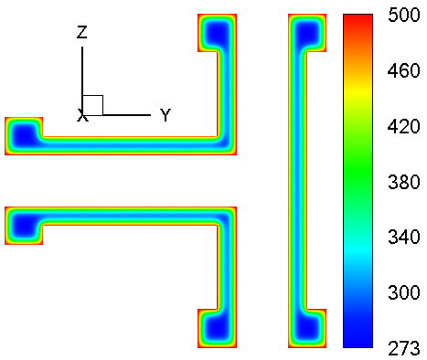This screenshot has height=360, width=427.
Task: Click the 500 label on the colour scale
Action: point(403,15)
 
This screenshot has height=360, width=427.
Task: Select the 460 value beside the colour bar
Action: point(403,70)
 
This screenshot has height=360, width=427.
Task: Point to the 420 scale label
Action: point(403,126)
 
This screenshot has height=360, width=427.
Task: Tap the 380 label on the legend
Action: point(403,182)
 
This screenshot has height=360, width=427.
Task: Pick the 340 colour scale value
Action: point(403,237)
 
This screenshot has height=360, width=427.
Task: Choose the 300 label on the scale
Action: point(403,292)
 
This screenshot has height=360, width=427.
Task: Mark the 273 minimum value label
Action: point(403,348)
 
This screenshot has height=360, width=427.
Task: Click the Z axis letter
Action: point(82,32)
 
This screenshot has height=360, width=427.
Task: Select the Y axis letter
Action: point(165,115)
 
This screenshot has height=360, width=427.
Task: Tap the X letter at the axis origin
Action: point(82,115)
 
